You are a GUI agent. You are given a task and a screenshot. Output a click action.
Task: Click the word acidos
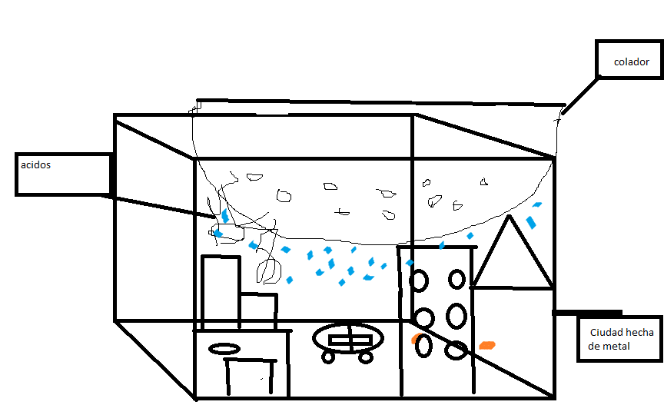coord(37,164)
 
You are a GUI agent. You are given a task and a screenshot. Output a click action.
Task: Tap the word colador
coord(630,61)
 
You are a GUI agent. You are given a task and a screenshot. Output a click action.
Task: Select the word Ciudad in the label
coord(606,333)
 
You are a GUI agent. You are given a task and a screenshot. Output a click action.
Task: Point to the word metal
coord(616,347)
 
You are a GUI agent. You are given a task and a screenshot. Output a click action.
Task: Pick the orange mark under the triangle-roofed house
coord(486,345)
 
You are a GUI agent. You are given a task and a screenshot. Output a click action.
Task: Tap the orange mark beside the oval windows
coord(416,338)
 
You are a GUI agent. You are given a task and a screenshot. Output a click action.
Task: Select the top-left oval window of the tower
coord(420,281)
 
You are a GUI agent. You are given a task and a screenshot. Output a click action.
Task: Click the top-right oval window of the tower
coord(456,278)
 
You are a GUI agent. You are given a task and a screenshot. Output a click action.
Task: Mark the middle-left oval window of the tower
coord(422,317)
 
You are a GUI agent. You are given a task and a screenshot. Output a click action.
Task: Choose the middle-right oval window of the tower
coord(456,314)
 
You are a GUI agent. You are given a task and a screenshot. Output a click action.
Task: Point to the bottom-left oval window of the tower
coord(424,347)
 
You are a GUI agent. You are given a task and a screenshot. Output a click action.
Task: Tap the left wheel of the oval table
coord(329,357)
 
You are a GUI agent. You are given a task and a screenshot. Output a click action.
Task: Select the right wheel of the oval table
coord(365,357)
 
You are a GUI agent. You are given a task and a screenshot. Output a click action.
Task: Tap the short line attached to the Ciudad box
coord(587,313)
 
